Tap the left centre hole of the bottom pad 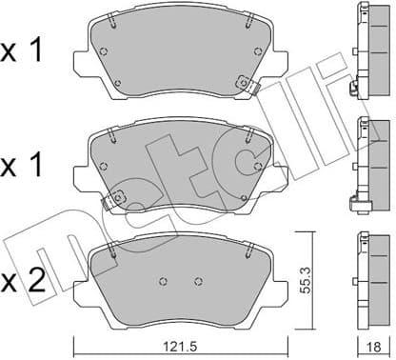pos(163,281)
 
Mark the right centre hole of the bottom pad pos(197,281)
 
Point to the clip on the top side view pos(355,90)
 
